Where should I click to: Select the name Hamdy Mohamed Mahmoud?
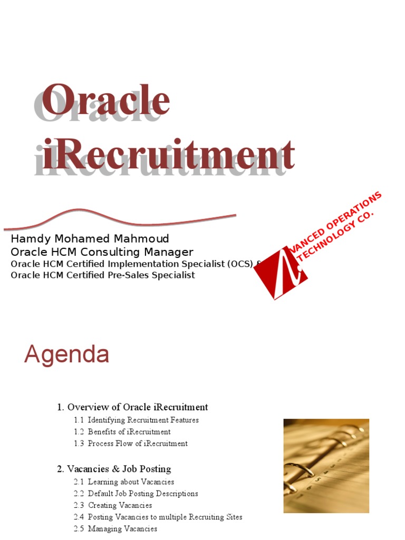[90, 239]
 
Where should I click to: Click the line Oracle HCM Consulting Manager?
[102, 252]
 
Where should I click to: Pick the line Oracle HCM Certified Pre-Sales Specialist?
[103, 275]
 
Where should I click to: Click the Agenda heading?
[66, 354]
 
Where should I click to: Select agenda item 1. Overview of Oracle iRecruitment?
[132, 407]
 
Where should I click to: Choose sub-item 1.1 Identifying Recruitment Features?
[137, 420]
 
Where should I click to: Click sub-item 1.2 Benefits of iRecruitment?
[122, 432]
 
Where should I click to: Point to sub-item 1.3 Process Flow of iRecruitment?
[131, 443]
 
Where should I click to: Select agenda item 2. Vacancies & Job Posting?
[114, 469]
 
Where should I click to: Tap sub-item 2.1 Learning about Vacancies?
[124, 482]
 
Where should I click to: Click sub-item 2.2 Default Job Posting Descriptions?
[136, 494]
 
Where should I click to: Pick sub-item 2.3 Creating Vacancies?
[113, 505]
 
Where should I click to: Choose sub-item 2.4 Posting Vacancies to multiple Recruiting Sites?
[158, 517]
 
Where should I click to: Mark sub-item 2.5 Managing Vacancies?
[115, 528]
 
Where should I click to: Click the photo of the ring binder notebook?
[326, 466]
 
